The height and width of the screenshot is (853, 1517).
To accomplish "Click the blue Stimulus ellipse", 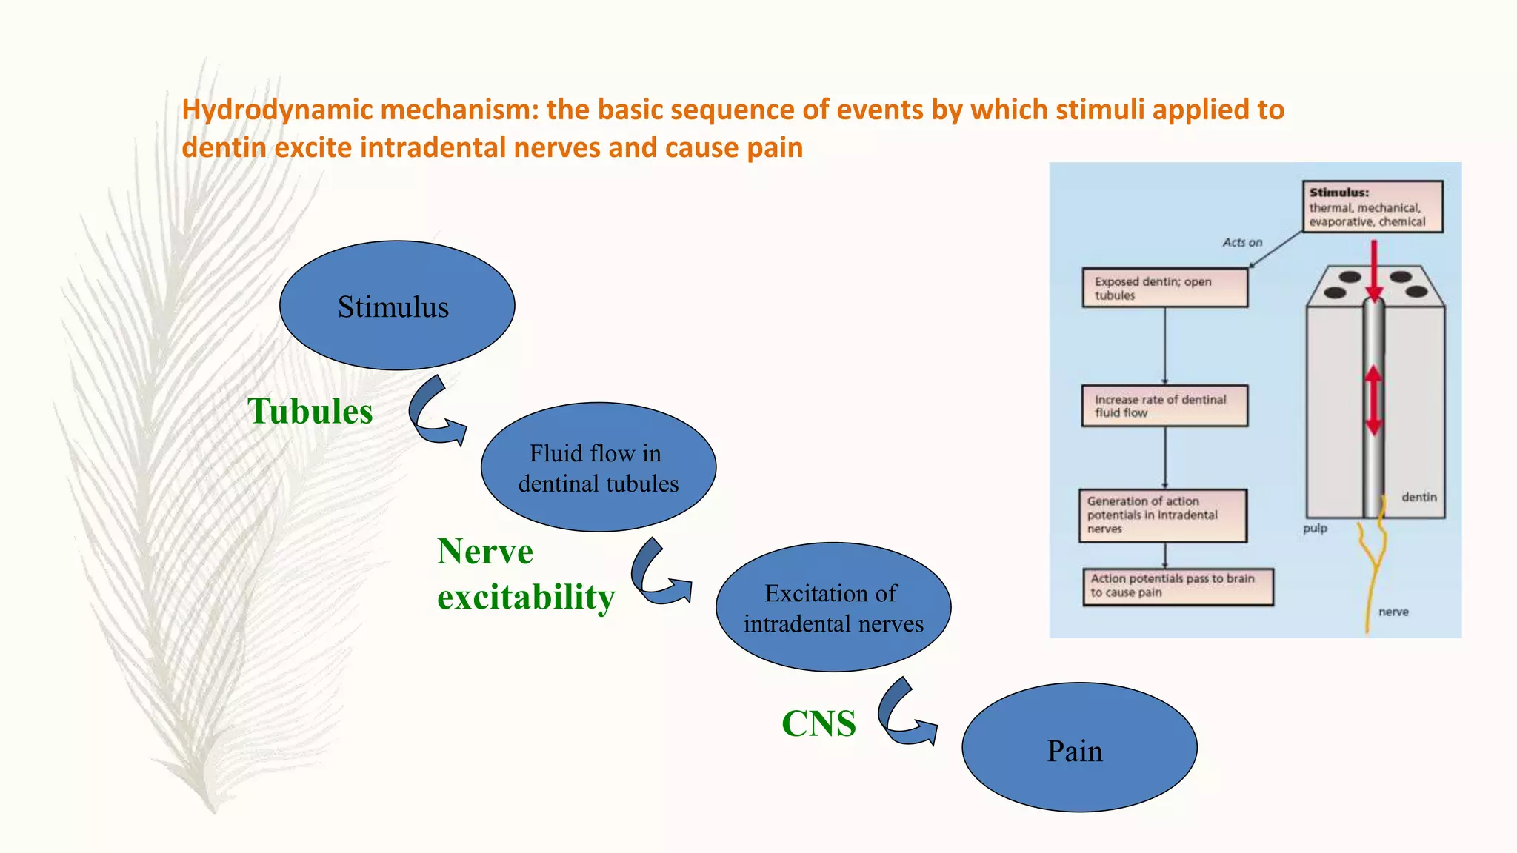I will tap(397, 305).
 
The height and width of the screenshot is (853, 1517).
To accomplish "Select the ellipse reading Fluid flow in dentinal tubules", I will tap(599, 467).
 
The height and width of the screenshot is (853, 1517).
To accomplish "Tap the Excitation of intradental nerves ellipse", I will tap(833, 607).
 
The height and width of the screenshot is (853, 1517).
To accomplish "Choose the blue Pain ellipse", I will tap(1079, 748).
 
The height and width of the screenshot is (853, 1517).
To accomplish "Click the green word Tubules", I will tap(310, 411).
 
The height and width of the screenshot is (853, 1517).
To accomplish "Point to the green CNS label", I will tap(818, 723).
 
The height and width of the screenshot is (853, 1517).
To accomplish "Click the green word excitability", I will tap(526, 597).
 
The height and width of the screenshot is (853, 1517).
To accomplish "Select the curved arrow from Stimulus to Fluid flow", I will tap(436, 414).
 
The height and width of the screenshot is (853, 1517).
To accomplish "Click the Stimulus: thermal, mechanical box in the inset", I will tap(1373, 207).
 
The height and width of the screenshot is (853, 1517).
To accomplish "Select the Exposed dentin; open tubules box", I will tap(1164, 288).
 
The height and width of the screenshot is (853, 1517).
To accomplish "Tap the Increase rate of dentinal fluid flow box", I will tap(1164, 406).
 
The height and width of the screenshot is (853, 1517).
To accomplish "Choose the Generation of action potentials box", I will tap(1162, 515).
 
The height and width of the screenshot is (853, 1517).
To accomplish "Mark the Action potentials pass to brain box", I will tap(1178, 586).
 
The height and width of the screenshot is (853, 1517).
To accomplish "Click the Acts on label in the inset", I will tap(1242, 242).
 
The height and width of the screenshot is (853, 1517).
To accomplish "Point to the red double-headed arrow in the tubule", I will tap(1374, 401).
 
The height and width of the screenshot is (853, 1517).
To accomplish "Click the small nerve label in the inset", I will tap(1393, 612).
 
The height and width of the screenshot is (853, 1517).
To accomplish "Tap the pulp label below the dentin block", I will tap(1316, 529).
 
